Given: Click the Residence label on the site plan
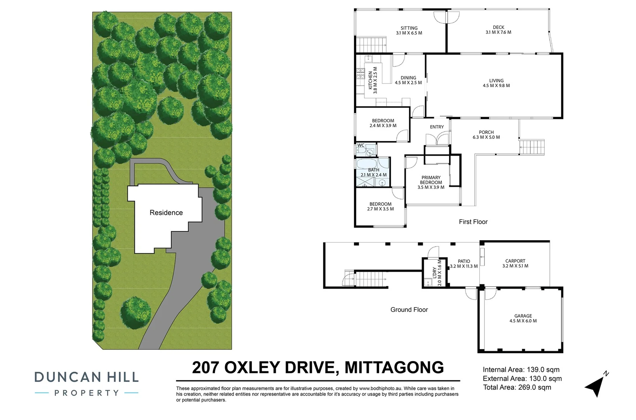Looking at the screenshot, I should [166, 213].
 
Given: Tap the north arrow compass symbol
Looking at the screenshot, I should [596, 385].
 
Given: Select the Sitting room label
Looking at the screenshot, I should [409, 28].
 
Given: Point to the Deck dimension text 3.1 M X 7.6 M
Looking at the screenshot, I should [498, 32].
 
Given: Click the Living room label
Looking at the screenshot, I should [496, 81].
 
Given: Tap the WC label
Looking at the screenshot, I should [361, 145].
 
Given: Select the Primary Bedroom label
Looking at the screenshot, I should [431, 180].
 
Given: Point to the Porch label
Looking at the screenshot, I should [486, 132].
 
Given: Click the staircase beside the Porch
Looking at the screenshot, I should [532, 147].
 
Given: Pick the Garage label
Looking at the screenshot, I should [523, 316].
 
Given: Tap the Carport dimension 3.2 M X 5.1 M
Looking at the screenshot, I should [515, 266].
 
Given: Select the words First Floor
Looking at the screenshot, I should [473, 222].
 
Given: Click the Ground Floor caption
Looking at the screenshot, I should [409, 310].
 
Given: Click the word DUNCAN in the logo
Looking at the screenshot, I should [65, 377].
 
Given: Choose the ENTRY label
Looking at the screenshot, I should [437, 127].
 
